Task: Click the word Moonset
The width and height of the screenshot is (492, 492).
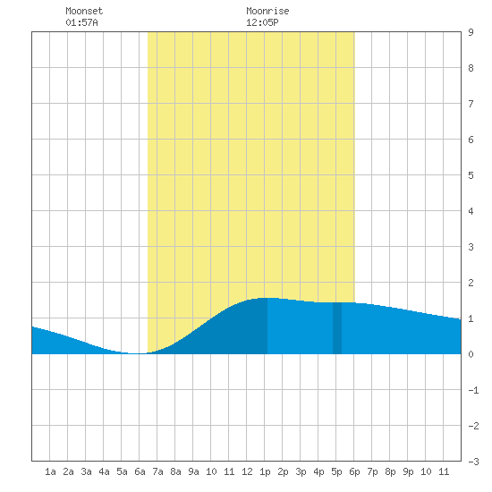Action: point(84,11)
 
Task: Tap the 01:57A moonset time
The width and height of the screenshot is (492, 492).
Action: point(81,22)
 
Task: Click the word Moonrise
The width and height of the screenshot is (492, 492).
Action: point(267,11)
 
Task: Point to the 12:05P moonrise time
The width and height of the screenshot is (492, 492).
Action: point(262,22)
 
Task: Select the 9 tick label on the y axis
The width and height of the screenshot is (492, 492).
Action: point(471,32)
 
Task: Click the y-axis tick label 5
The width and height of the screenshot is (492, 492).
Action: point(471,175)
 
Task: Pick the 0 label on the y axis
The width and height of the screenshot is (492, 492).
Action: point(471,354)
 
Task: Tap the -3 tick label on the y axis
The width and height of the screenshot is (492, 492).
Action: point(473,462)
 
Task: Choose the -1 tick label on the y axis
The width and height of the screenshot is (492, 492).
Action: point(473,390)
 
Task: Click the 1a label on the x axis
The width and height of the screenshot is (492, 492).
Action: point(50,471)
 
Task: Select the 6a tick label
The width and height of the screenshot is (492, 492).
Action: point(140,471)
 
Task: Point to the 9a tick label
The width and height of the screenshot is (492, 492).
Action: point(193,471)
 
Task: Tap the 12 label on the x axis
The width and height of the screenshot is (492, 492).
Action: point(247,471)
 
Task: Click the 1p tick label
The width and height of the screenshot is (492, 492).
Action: point(265,471)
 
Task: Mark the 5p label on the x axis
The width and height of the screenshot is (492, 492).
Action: point(336,471)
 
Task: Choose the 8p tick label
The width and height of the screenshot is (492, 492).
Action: point(390,471)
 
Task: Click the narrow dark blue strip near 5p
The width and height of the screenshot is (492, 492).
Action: point(337,328)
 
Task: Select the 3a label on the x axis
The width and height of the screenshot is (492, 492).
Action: point(86,471)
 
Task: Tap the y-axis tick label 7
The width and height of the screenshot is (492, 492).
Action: point(471,104)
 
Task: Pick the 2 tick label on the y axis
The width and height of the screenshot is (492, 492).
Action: point(471,283)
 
